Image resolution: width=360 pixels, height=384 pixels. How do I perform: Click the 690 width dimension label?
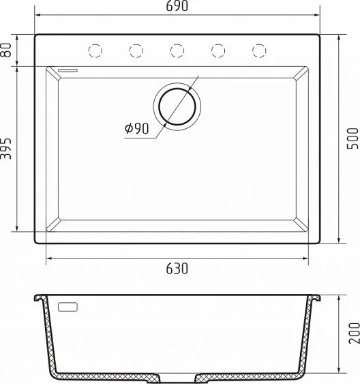tap(177, 6)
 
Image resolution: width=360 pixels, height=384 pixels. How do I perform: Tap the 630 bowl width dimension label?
tap(177, 269)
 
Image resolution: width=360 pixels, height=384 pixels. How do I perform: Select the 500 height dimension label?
tap(353, 138)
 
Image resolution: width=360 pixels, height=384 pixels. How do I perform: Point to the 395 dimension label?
tap(6, 149)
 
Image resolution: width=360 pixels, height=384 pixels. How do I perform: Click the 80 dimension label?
tap(6, 50)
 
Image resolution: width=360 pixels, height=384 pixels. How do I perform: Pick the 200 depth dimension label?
tap(355, 333)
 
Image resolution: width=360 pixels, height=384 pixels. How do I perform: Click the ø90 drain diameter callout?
tap(136, 128)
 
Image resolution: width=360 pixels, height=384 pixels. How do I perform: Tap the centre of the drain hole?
tap(177, 106)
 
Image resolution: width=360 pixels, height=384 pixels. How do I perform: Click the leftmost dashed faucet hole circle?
tap(95, 50)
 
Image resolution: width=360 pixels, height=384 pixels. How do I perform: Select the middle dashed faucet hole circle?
tap(177, 50)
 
